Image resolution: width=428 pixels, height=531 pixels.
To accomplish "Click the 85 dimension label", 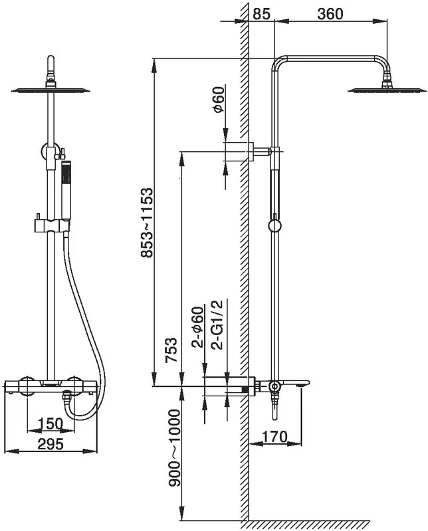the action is point(262,14).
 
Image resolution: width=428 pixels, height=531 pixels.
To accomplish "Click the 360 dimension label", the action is point(330,14).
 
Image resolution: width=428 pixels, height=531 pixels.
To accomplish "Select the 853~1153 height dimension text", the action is point(147,223).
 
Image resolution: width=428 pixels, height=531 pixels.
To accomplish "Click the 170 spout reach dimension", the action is point(274,437).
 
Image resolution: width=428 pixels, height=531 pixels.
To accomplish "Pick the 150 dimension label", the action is point(51,423).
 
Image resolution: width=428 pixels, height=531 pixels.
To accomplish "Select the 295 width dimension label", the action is point(51,444).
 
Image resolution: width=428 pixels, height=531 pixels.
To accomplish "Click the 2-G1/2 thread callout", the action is point(217,324).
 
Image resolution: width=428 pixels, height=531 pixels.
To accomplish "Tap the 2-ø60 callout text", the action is point(198,327).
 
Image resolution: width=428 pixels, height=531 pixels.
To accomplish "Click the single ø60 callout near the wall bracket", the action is point(219,100).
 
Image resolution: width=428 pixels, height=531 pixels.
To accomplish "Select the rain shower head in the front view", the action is point(51,90).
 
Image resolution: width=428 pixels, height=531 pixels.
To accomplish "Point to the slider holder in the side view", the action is point(274,226).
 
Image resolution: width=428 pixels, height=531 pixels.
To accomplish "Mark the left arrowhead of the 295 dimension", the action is point(11,451).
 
